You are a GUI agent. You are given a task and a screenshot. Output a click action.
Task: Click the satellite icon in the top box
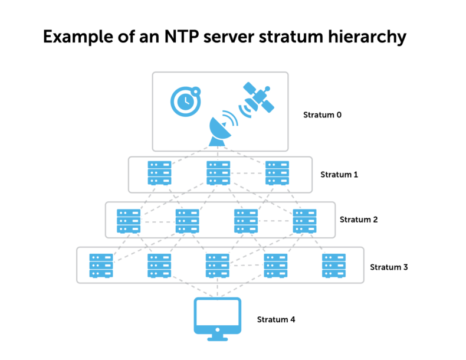(258, 97)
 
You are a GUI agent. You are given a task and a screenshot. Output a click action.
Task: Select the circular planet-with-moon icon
(185, 102)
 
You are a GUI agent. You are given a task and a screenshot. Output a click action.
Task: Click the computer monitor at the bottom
(217, 316)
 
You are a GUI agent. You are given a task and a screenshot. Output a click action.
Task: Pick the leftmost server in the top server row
(159, 173)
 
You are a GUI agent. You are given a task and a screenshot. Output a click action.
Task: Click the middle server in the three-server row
(218, 173)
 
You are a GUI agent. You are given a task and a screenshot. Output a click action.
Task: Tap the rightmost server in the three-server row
(277, 173)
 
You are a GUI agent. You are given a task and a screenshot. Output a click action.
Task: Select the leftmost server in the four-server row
(129, 221)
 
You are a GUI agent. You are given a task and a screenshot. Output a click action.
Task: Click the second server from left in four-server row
(187, 221)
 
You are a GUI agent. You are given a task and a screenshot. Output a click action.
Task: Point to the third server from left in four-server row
(246, 221)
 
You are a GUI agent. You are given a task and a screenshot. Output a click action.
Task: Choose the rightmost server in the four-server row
(304, 221)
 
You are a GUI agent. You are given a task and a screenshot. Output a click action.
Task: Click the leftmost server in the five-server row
(101, 266)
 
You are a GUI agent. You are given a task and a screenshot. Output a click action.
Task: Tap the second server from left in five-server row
(159, 266)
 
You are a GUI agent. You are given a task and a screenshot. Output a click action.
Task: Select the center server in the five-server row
(218, 266)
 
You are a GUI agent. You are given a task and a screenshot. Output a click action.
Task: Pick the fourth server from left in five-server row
(275, 266)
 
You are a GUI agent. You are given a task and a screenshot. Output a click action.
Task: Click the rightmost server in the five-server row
(334, 266)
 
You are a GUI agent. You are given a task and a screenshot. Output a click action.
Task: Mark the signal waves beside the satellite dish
(231, 117)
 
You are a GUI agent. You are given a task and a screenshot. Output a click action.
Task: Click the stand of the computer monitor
(217, 338)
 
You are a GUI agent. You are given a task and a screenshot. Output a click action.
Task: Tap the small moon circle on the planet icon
(196, 90)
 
